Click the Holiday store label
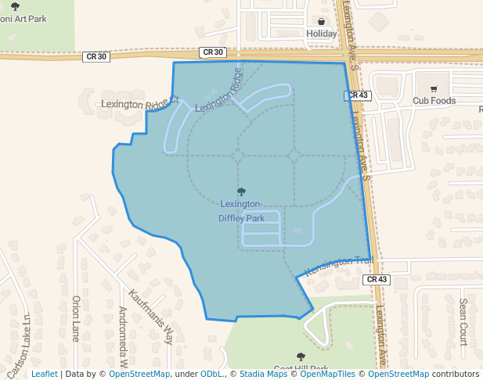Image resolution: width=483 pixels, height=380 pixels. [321, 34]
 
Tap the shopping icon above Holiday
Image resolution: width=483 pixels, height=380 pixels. [321, 21]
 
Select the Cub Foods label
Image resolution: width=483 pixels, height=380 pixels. [434, 100]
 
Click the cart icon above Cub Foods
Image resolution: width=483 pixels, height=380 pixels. [434, 88]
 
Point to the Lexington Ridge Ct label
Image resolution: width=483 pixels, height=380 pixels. [140, 103]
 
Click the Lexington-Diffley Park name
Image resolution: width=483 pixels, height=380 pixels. [241, 211]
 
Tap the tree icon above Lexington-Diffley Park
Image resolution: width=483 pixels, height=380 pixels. [241, 192]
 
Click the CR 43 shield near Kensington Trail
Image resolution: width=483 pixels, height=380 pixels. [377, 279]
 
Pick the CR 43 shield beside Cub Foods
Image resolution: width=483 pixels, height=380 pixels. [356, 95]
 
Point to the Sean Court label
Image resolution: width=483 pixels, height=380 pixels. [463, 321]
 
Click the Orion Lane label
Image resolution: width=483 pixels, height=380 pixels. [76, 318]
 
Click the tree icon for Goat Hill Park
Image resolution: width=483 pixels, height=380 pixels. [301, 357]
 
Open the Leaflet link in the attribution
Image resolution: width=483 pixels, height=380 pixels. [44, 375]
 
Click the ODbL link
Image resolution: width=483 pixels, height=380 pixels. [214, 375]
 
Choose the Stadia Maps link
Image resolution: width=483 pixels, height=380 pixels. [263, 375]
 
